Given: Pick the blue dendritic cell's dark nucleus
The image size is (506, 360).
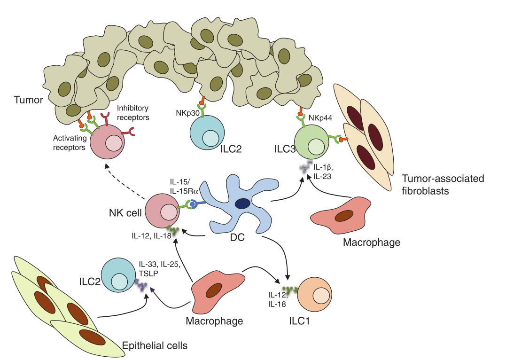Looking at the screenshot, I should pos(242,203).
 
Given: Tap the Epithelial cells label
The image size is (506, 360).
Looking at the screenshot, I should pos(155,346).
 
